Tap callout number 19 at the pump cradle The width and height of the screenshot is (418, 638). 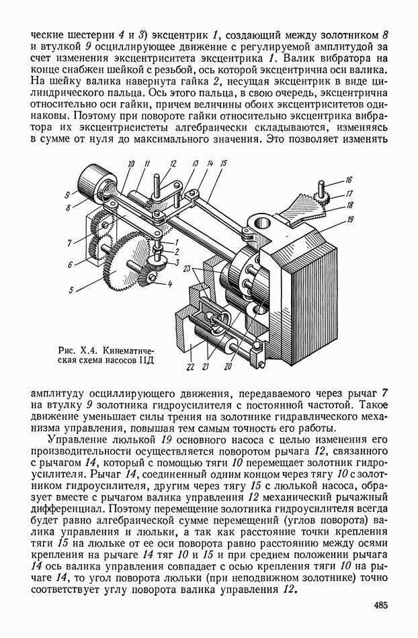click(351, 220)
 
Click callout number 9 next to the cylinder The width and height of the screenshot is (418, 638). click(68, 195)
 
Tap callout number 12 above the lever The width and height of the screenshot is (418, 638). click(173, 163)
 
